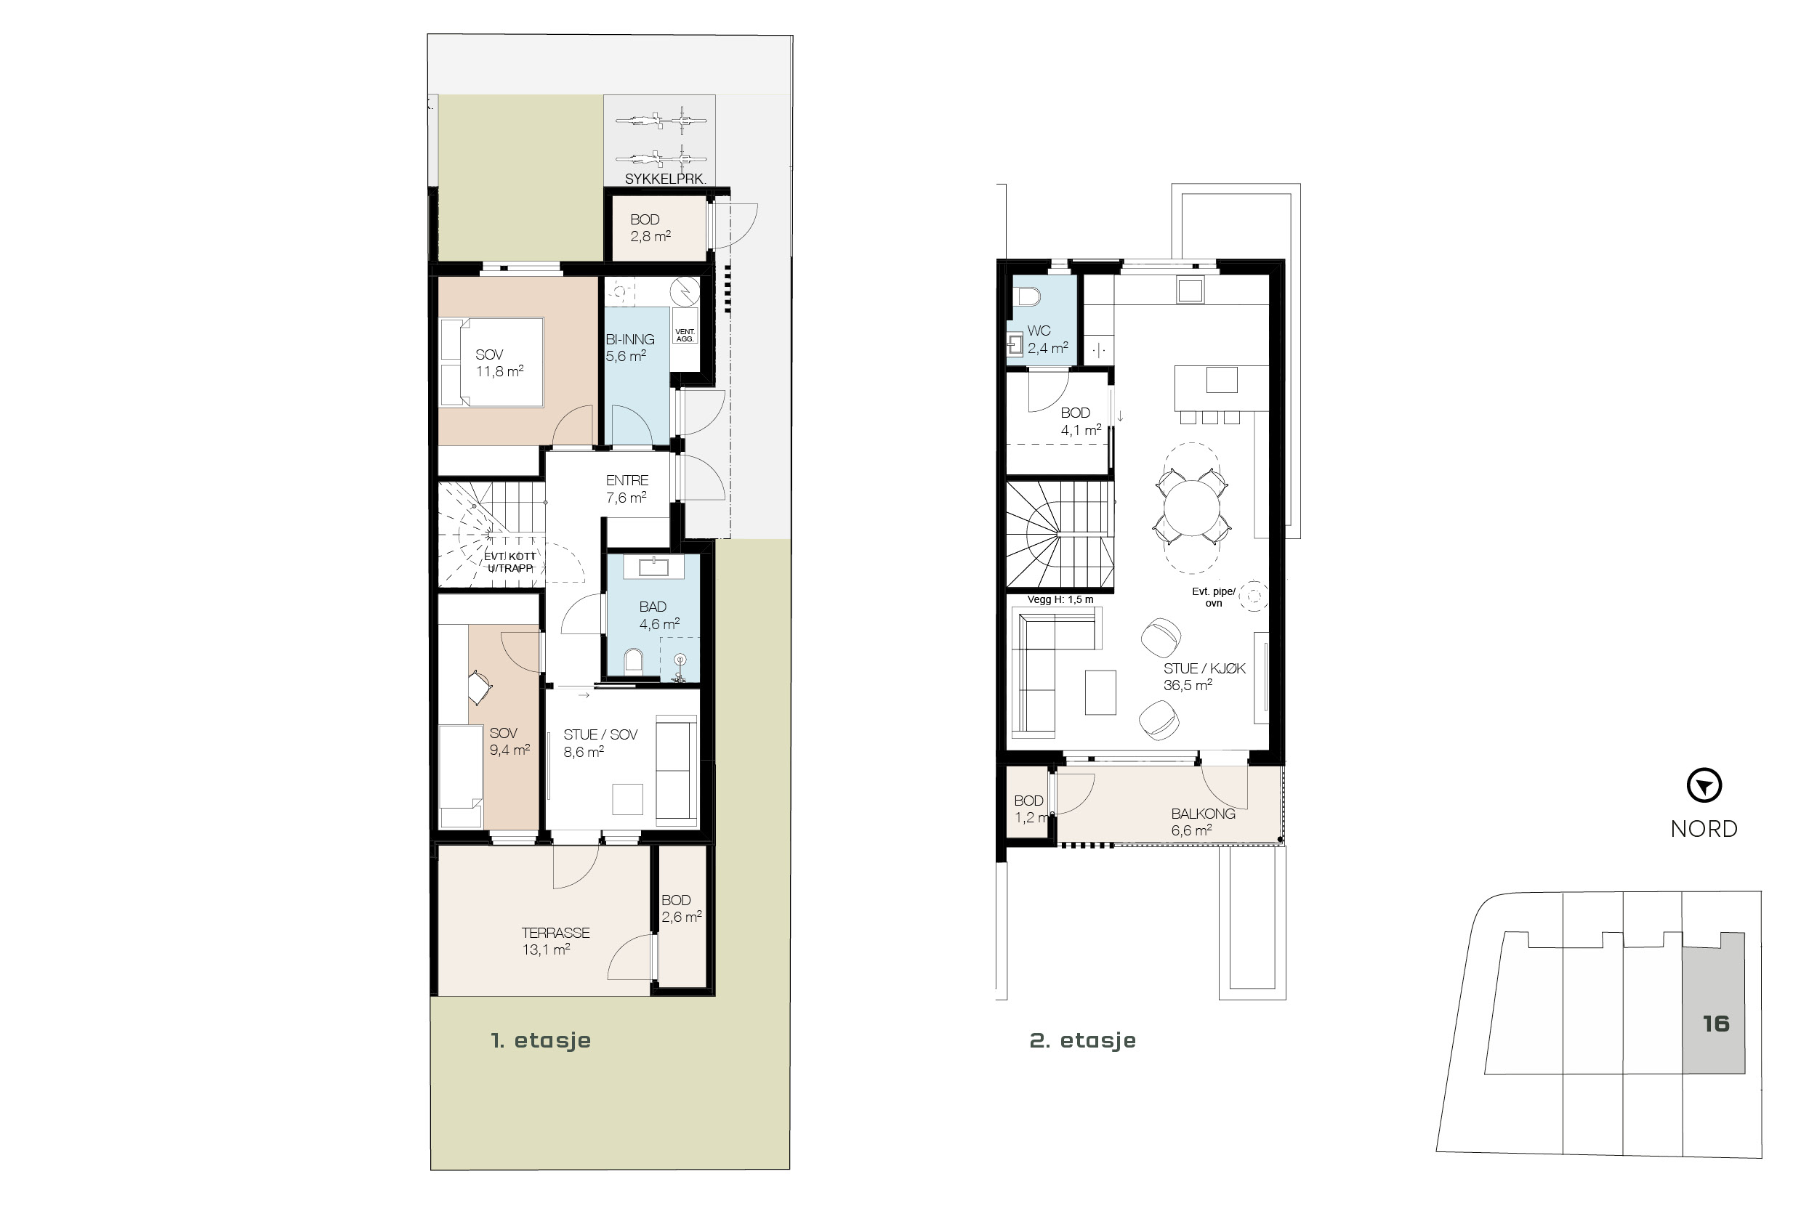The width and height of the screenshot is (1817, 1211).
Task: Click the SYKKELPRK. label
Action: (664, 179)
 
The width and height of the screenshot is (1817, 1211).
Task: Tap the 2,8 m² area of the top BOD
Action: (650, 236)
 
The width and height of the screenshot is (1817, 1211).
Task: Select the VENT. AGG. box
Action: (685, 335)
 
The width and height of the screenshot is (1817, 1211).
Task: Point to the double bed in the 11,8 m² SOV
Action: (491, 363)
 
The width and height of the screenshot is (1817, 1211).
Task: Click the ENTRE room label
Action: (627, 480)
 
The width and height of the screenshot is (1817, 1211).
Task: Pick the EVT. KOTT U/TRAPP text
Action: (510, 562)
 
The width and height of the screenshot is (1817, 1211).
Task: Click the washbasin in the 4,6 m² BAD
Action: (653, 566)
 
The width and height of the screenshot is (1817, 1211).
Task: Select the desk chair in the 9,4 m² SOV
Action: (479, 686)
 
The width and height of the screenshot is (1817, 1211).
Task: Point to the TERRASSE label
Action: (555, 932)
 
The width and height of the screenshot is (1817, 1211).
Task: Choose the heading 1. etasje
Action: (541, 1040)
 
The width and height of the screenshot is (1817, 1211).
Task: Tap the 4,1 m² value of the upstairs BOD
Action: (1080, 430)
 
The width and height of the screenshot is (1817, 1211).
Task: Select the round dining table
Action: (1191, 507)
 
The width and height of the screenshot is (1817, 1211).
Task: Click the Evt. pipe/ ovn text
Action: (1214, 597)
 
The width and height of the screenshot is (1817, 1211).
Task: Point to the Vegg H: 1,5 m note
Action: (1060, 599)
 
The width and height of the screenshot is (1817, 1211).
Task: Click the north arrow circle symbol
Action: (1704, 786)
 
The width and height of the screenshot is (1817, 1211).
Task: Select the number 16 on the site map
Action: (1716, 1024)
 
